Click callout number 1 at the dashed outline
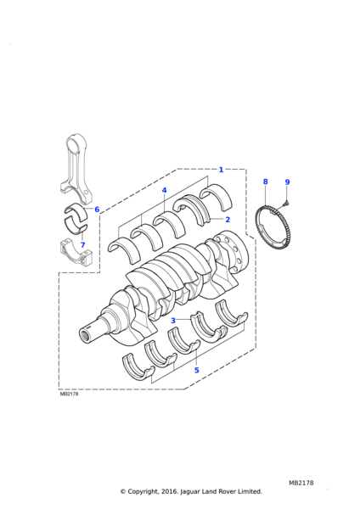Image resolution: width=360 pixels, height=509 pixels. [221, 170]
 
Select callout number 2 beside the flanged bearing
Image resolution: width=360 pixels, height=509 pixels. [228, 220]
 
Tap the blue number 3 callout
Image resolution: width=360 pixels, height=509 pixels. [173, 321]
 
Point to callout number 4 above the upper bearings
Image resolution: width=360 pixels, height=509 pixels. [164, 190]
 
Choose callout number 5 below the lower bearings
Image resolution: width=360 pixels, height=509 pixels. [196, 370]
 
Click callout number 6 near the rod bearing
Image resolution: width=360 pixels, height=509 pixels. [97, 210]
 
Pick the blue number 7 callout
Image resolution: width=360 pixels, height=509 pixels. [82, 245]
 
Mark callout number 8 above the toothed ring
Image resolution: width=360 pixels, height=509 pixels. [266, 182]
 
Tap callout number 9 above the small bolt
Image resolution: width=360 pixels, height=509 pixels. [287, 182]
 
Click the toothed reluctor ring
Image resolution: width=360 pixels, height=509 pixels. [256, 227]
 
